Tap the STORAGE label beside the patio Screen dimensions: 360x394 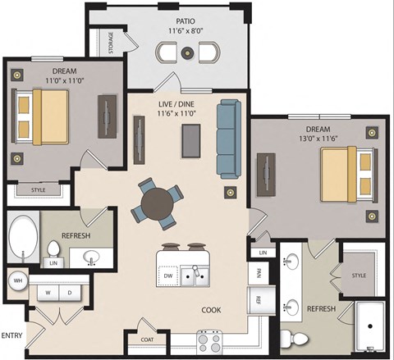click(x=112, y=44)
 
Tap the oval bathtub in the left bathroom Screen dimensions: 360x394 click(x=21, y=239)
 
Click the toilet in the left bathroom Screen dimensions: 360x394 click(x=54, y=250)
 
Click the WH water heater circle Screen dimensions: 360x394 click(x=16, y=281)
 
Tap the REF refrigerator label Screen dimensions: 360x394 click(x=258, y=298)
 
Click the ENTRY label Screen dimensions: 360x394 click(x=12, y=335)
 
